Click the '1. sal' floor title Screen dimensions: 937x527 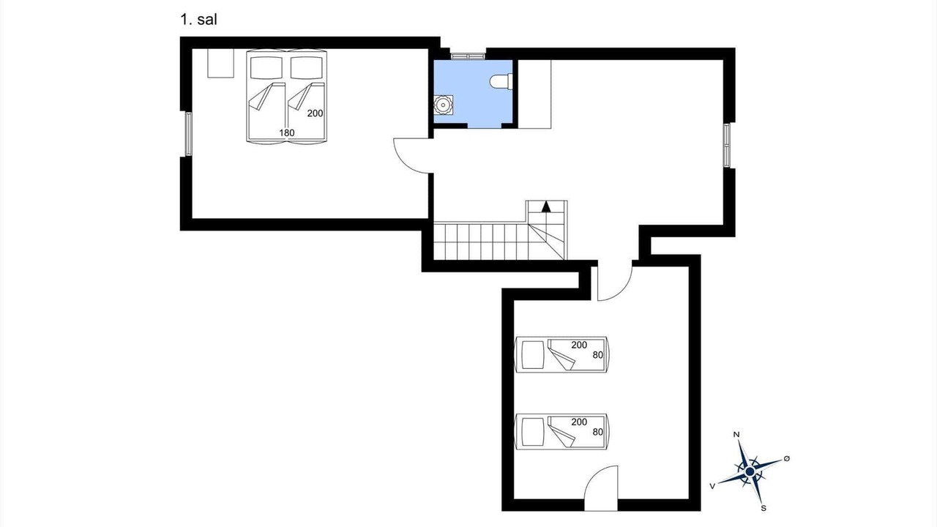pos(198,20)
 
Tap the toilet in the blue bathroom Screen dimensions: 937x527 pos(501,81)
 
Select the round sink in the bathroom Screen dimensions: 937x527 pos(443,105)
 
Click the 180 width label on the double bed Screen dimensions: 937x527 pos(287,133)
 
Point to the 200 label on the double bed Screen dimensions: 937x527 pos(315,113)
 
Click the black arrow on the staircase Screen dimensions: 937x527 pos(546,206)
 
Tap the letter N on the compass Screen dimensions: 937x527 pos(736,435)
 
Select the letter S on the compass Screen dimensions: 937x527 pos(764,509)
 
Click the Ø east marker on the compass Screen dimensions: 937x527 pos(786,459)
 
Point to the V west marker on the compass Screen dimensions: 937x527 pos(712,486)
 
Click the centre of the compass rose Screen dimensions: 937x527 pos(750,472)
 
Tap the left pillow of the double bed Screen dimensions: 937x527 pos(266,67)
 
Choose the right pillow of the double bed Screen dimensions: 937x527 pos(307,67)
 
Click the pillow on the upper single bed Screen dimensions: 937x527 pos(533,355)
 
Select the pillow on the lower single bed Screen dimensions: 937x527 pos(533,432)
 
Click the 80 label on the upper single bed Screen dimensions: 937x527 pos(598,355)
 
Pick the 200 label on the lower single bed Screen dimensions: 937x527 pos(579,422)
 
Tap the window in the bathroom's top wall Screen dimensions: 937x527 pos(468,56)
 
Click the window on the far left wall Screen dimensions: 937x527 pos(189,134)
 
